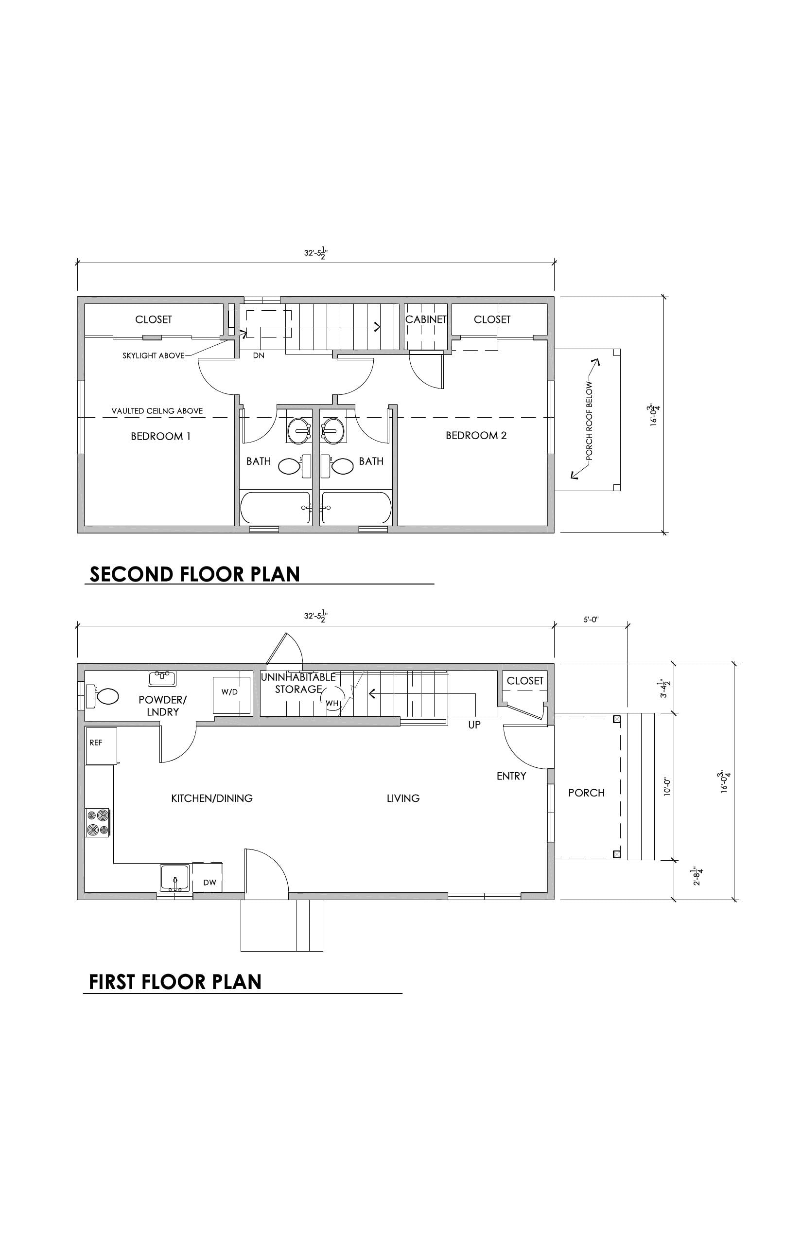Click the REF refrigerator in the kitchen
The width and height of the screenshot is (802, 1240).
(101, 746)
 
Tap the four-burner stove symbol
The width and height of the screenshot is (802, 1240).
(98, 823)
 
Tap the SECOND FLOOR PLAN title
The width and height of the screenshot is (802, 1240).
(195, 574)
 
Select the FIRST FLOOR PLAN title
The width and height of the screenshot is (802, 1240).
(175, 982)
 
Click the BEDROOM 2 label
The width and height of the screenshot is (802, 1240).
(476, 436)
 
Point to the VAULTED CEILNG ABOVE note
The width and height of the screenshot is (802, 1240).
(157, 411)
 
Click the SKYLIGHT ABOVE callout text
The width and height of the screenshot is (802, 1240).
(154, 356)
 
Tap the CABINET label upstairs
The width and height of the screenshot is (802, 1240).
(426, 319)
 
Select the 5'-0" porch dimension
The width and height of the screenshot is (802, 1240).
(591, 620)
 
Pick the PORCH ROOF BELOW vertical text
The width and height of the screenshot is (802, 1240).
(590, 421)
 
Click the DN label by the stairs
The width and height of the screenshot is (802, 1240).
(259, 355)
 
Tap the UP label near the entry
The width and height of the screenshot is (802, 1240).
(474, 725)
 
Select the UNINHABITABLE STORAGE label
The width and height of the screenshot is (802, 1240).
(298, 683)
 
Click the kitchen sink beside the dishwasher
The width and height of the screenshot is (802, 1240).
(175, 878)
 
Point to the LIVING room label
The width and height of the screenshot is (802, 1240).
(403, 798)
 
